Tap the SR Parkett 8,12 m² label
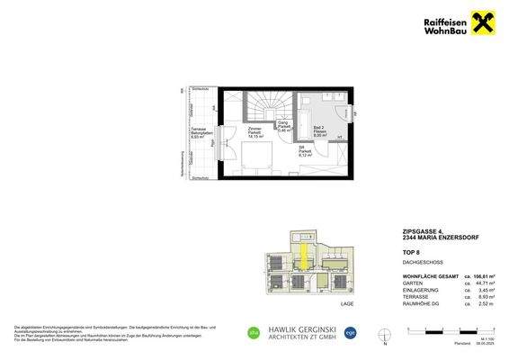tap(305, 152)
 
